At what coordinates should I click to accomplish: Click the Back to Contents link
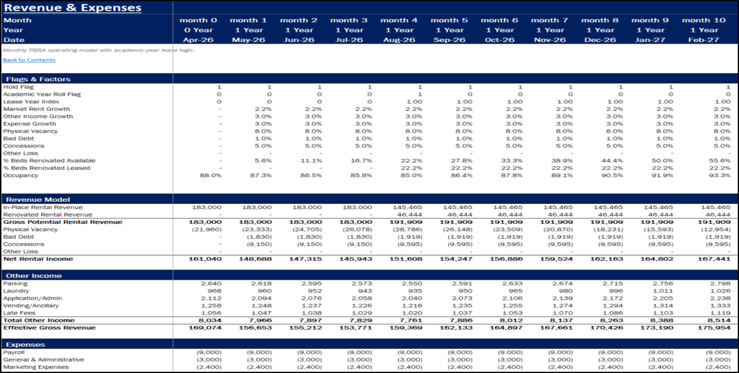[x=29, y=60]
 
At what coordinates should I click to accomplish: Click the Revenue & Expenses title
[x=72, y=7]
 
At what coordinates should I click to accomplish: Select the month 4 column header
[x=399, y=20]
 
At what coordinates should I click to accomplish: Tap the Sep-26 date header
[x=449, y=40]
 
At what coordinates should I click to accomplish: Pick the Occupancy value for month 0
[x=211, y=175]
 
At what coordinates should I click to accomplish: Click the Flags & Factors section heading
[x=38, y=79]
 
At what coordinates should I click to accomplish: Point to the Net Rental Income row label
[x=38, y=259]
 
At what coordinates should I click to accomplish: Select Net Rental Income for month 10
[x=714, y=259]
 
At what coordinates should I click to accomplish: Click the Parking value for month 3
[x=362, y=283]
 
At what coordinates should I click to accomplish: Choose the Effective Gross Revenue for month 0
[x=205, y=328]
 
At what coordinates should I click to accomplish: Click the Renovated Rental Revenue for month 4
[x=408, y=215]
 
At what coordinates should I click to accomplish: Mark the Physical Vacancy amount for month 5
[x=460, y=229]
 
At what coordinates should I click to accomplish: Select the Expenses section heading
[x=25, y=345]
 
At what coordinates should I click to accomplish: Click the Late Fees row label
[x=19, y=313]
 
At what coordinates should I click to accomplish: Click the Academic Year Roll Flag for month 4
[x=420, y=94]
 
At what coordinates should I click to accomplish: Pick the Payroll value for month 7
[x=560, y=352]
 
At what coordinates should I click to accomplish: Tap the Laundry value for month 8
[x=616, y=291]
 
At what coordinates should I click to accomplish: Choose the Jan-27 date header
[x=650, y=40]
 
